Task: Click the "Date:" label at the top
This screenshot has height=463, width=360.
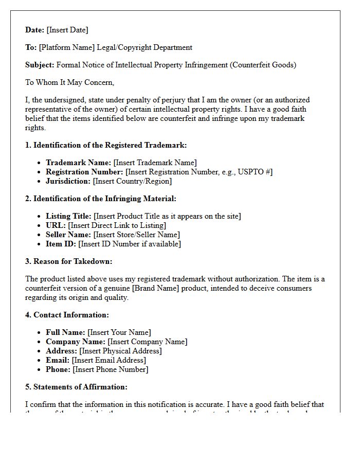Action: [35, 30]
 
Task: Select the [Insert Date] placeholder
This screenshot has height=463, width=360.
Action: [67, 30]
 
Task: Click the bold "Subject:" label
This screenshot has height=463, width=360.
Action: [40, 65]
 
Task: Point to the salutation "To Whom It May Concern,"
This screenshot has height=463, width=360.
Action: [69, 82]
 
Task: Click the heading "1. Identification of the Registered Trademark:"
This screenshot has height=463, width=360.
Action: [106, 145]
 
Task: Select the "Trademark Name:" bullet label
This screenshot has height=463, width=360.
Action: [78, 163]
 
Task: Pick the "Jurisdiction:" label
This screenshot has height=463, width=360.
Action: [68, 181]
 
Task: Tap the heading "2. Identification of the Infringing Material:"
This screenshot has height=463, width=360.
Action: [101, 199]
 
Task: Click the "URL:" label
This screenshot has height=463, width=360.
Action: [56, 225]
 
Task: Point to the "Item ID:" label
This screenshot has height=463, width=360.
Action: [61, 244]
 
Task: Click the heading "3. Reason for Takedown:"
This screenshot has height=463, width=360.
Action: [68, 261]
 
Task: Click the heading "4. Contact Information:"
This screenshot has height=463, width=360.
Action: [67, 315]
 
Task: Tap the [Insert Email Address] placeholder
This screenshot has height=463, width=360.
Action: [109, 360]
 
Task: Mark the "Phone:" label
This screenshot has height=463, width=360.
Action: [58, 369]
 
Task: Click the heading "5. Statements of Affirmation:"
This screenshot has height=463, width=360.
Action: [76, 387]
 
